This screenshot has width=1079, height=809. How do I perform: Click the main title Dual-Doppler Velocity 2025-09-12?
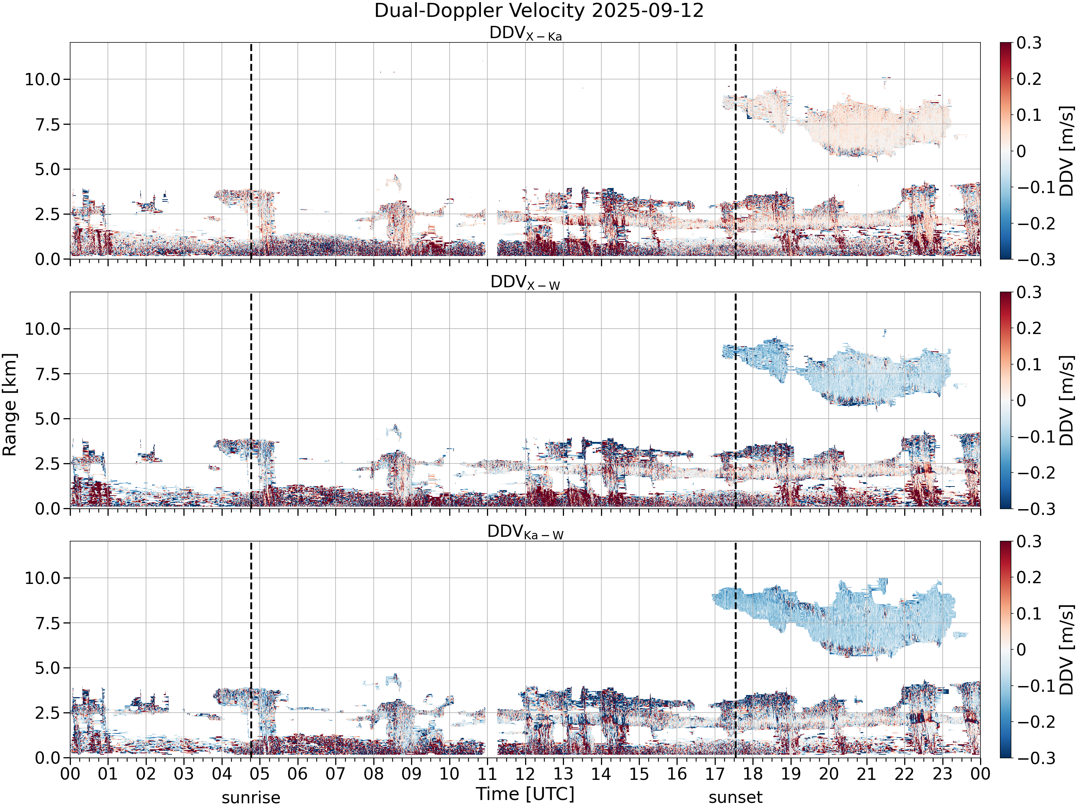(539, 11)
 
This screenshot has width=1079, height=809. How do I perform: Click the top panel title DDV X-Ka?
(525, 34)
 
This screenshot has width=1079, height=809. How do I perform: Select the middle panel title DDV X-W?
(525, 283)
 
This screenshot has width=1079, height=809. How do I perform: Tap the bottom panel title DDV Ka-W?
(525, 532)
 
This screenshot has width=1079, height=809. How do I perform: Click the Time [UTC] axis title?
(525, 794)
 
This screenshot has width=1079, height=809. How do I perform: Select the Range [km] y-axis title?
(10, 405)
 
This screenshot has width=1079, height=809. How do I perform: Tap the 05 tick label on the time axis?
(260, 774)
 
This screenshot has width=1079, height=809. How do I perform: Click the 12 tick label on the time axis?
(525, 774)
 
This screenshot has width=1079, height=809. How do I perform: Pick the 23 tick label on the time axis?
(942, 774)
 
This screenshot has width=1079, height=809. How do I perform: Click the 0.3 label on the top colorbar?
(1029, 43)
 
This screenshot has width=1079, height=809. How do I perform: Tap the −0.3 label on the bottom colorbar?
(1029, 758)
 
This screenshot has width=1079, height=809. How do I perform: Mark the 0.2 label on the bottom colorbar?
(1029, 577)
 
